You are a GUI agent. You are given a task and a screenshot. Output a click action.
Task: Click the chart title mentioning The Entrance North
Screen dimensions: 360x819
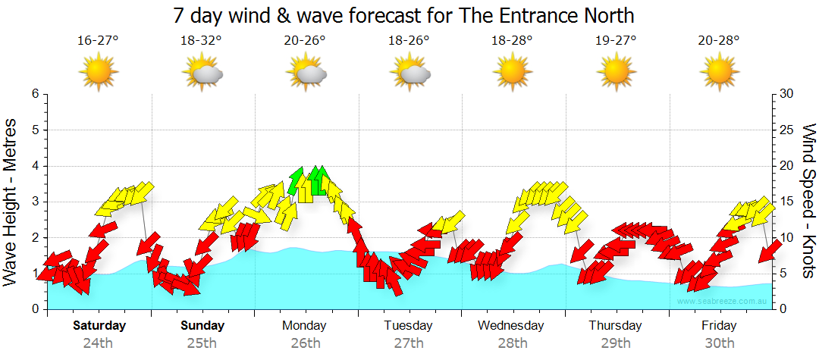403,15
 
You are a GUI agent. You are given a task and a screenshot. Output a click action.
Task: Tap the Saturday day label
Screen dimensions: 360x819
99,326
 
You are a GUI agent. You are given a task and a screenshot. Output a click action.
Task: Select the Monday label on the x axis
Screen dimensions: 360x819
304,326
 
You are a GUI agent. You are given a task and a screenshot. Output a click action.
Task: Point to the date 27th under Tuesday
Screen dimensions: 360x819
408,343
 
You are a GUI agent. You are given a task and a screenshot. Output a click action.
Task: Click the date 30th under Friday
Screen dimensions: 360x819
719,343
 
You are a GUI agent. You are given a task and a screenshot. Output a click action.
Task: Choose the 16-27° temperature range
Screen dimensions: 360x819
98,41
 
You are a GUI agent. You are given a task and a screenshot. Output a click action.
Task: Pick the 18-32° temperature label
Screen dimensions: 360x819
202,41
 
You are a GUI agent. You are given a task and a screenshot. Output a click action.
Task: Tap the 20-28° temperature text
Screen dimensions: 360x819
719,41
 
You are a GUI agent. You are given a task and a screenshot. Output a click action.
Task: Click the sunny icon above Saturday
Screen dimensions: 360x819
98,73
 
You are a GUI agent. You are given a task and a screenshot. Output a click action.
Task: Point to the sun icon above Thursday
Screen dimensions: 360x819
615,73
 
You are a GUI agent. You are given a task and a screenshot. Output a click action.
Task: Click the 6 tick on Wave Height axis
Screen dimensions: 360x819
35,94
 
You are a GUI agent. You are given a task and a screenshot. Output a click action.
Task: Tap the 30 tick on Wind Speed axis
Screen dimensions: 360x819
787,94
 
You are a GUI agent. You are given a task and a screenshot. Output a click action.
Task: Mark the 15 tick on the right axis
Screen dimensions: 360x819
787,202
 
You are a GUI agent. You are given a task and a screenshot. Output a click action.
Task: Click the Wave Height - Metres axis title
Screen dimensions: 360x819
11,202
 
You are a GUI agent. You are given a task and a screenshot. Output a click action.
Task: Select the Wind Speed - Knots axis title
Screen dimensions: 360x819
808,202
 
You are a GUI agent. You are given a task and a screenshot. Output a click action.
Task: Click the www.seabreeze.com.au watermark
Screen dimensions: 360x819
723,302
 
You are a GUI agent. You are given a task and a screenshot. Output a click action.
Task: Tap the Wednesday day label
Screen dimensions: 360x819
511,326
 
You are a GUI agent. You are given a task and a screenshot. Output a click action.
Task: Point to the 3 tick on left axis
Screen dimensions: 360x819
35,202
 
